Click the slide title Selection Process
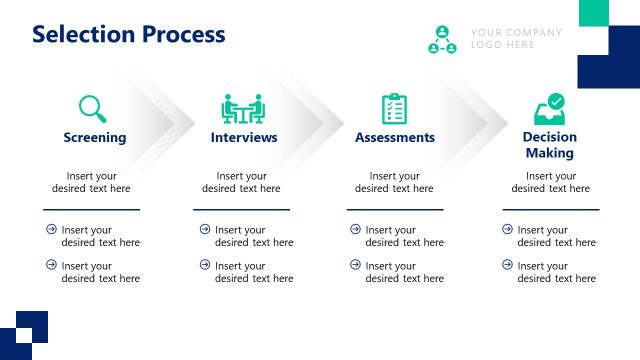129,34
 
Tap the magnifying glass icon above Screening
92,108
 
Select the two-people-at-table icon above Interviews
242,108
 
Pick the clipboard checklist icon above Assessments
394,108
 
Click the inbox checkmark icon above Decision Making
549,107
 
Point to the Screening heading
95,137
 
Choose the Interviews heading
244,137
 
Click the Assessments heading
395,137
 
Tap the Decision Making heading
550,145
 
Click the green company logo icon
442,40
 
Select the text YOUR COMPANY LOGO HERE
516,38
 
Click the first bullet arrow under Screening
51,229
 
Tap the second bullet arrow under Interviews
205,265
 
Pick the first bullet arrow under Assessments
355,229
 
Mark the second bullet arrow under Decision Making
507,265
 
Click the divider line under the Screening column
91,209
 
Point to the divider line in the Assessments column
394,209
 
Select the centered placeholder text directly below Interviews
241,182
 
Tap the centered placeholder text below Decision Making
550,182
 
